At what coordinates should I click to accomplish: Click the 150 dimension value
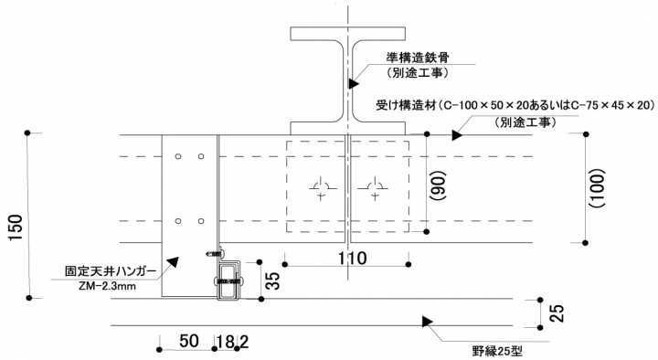16,227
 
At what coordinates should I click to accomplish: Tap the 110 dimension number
353,259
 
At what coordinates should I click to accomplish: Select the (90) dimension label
439,185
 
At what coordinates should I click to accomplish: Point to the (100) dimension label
598,188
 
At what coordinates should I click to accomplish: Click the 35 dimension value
272,281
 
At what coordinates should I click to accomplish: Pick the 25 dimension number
557,313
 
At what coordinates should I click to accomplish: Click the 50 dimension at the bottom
189,341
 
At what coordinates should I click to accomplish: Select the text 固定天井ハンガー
111,271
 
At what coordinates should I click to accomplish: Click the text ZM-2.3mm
107,286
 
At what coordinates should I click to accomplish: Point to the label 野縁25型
497,351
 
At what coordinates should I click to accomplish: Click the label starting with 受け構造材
515,105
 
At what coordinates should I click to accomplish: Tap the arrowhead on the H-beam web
354,83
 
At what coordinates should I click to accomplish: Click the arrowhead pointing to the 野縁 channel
427,322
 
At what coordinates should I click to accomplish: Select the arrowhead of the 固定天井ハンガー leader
173,262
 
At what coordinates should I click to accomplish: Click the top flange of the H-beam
348,34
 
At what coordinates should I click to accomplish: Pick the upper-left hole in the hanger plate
178,156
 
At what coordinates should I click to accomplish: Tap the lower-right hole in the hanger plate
201,221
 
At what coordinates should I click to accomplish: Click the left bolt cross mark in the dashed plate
321,188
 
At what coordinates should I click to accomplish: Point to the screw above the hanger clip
217,253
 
